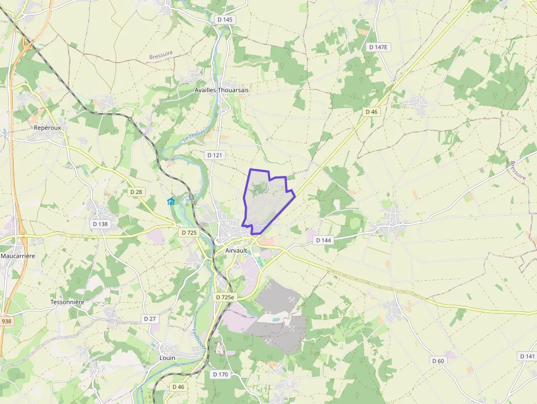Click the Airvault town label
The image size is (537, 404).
point(237,251)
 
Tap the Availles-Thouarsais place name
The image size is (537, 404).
point(222,90)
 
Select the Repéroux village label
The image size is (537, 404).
point(47,127)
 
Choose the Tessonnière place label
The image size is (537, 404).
point(67,302)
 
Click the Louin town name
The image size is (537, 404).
point(167,358)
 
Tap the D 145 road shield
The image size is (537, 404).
point(225,20)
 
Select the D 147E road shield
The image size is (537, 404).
point(378,47)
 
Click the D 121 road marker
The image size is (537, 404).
point(215,155)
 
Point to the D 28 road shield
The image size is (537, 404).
point(136,192)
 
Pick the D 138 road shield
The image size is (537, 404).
point(100,224)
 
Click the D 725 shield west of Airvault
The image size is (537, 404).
point(188,232)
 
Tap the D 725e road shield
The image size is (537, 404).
point(225,297)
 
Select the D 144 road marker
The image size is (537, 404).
point(324,240)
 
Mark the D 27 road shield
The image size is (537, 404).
point(150,318)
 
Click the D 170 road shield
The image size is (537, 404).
point(220,374)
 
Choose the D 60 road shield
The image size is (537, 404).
point(438,361)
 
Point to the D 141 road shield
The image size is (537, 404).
point(527,356)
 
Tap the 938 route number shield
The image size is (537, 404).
point(6,321)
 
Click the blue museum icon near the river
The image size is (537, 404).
point(171,202)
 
